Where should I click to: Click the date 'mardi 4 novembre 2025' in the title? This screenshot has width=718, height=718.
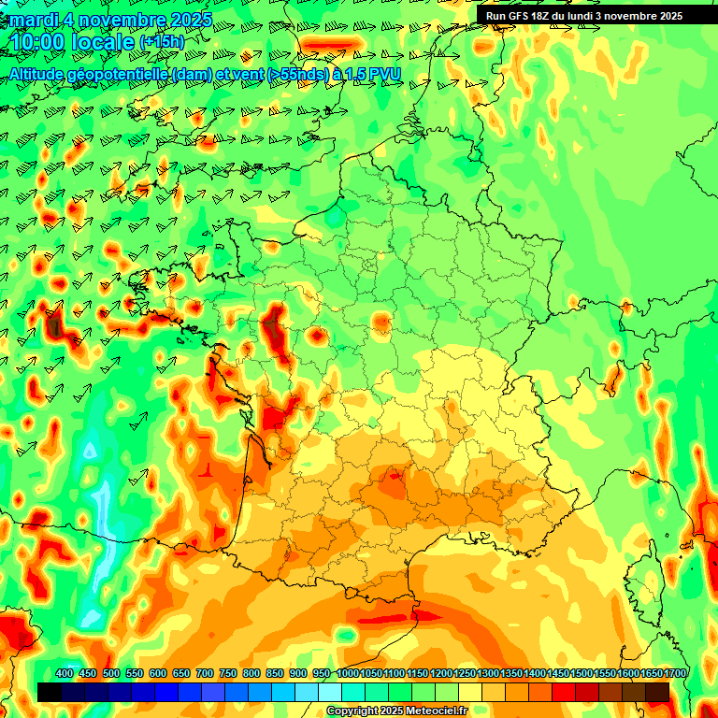click(110, 19)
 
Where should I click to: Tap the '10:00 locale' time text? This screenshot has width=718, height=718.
click(71, 42)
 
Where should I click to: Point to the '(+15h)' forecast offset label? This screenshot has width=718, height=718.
click(162, 42)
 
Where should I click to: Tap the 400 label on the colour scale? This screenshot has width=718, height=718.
click(65, 673)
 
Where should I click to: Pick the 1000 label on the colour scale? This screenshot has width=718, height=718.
click(348, 673)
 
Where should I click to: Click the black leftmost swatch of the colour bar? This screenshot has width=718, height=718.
click(50, 692)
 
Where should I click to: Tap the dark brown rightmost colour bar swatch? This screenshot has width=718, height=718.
click(657, 692)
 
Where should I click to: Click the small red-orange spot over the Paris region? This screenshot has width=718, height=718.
click(381, 323)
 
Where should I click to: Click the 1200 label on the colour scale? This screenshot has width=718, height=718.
click(441, 673)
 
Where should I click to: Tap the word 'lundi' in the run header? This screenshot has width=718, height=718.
click(598, 15)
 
